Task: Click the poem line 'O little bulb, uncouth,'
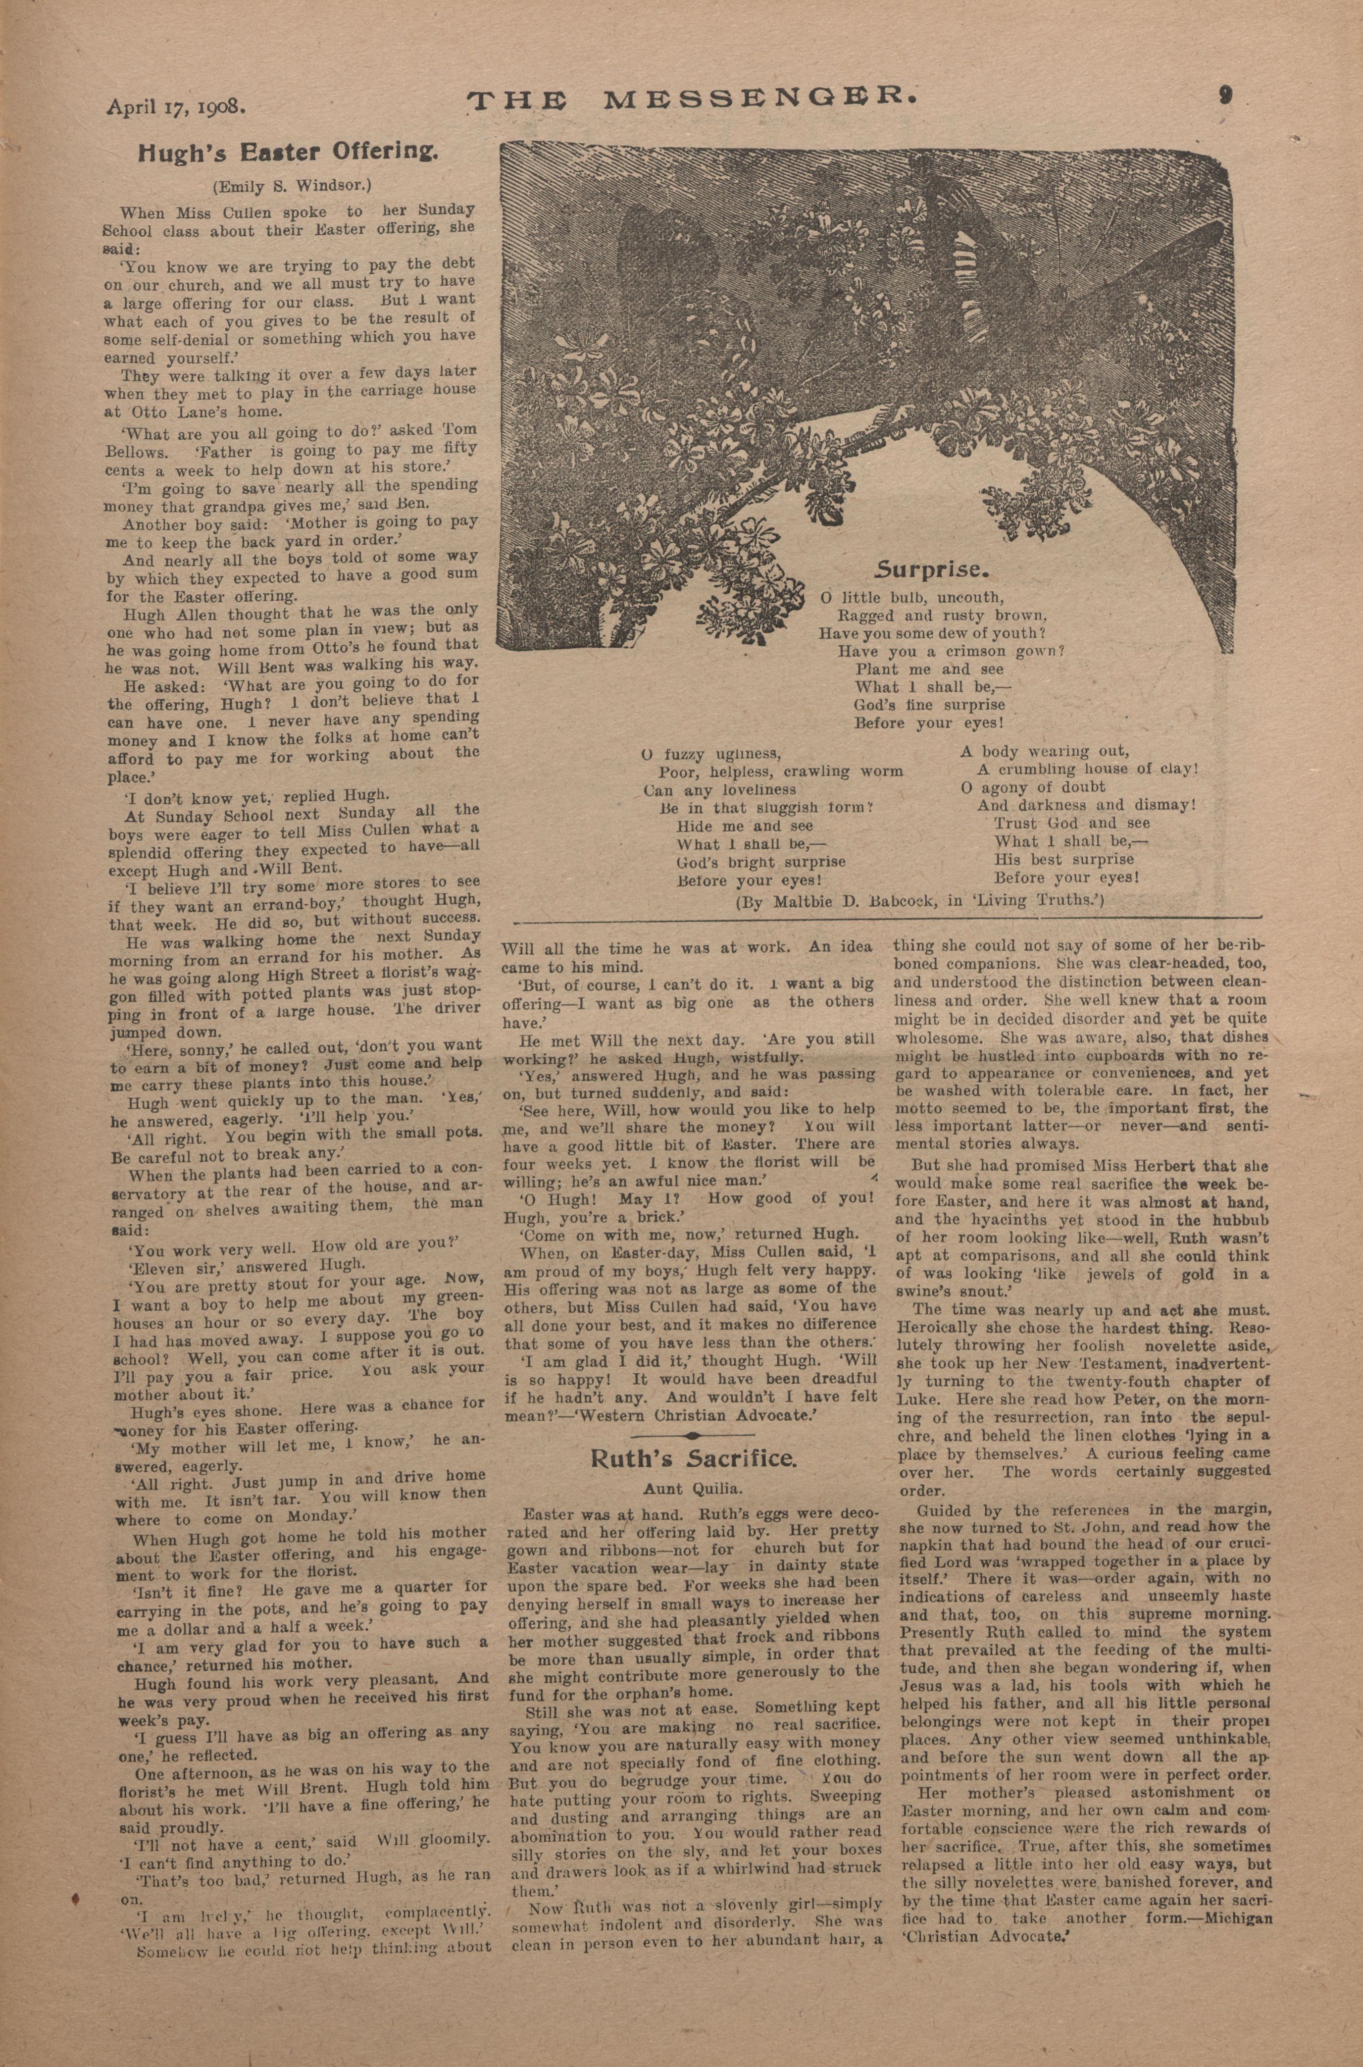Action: point(911,598)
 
